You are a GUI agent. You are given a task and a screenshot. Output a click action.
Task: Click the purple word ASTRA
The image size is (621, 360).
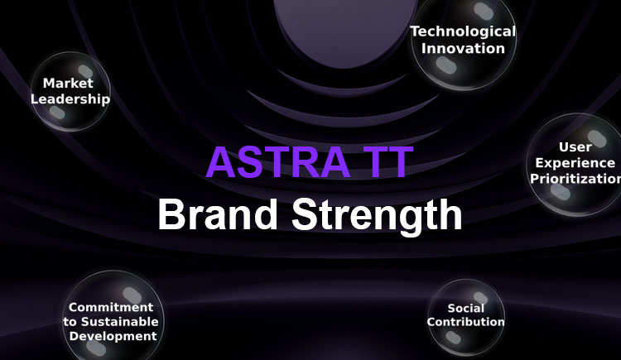pos(278,162)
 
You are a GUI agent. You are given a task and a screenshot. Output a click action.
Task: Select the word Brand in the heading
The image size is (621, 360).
pos(218,214)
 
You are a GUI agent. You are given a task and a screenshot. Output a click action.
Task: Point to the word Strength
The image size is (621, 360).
pos(377,217)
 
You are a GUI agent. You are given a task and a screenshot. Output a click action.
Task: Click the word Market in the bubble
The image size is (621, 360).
pos(68,83)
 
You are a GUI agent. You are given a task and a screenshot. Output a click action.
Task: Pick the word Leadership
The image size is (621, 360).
pos(70,99)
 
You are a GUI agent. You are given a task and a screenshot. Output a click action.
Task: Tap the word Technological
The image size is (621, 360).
pos(463,31)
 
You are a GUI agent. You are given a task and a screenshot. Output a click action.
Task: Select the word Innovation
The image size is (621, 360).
pos(463,48)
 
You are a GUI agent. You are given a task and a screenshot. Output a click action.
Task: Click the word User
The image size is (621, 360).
pos(575,147)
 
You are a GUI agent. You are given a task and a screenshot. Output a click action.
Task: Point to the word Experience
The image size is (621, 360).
pos(575,163)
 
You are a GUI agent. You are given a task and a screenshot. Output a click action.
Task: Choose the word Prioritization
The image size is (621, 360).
pos(575,179)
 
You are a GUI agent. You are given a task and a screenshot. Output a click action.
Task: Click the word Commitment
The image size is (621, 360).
pos(111,307)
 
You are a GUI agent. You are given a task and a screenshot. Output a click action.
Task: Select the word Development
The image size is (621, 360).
pos(113,336)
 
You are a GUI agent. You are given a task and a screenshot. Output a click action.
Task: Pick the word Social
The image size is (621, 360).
pos(465,308)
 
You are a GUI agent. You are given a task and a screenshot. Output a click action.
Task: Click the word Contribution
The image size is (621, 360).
pos(465,322)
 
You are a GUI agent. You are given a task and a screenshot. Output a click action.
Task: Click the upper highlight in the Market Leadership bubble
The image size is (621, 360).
pos(85,72)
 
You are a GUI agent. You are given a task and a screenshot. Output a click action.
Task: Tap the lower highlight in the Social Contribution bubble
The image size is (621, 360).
pos(453,338)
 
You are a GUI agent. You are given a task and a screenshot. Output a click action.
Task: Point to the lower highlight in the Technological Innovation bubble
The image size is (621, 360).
pos(446,65)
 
